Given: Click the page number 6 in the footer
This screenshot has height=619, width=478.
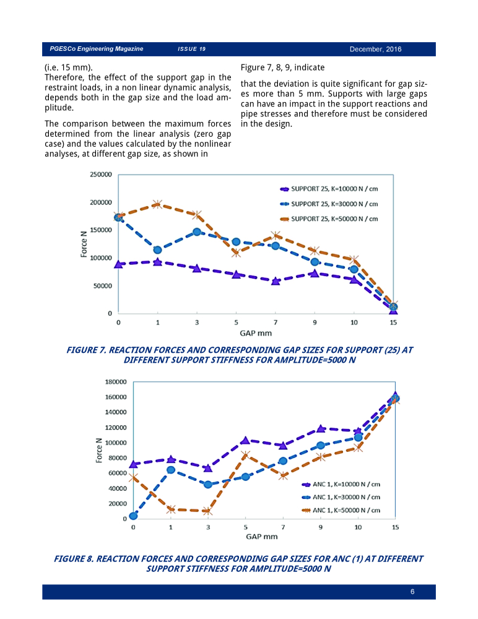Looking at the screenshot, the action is click(x=412, y=591).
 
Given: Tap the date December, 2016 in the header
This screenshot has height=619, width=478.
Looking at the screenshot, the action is click(x=375, y=50).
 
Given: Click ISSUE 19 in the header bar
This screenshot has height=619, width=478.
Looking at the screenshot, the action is click(x=191, y=49).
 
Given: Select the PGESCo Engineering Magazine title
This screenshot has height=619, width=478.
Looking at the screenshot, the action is click(x=97, y=48).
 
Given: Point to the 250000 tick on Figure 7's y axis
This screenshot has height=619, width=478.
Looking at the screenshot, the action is click(x=101, y=175).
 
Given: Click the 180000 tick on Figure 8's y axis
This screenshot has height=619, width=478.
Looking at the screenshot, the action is click(x=116, y=382).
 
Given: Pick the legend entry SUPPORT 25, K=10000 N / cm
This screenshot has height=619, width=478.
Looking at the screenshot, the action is click(x=329, y=189).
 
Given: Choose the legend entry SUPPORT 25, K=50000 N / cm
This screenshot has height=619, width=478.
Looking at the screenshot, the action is click(x=329, y=219).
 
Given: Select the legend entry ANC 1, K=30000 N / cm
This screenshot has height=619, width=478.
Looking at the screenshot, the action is click(x=341, y=498).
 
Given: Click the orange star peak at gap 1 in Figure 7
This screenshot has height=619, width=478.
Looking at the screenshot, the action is click(x=157, y=204).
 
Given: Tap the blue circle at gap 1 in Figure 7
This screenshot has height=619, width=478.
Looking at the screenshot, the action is click(x=157, y=250).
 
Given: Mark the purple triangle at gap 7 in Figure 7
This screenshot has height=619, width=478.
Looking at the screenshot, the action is click(x=276, y=281).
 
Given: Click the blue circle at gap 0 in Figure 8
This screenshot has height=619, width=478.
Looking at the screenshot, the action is click(x=133, y=516).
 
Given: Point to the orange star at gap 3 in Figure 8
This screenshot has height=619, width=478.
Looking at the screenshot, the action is click(x=208, y=511).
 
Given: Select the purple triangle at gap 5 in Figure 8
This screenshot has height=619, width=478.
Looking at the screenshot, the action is click(x=245, y=440).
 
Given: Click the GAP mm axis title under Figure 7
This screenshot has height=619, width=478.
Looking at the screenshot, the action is click(x=256, y=333).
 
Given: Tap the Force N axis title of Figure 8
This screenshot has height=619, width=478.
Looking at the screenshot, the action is click(x=99, y=451).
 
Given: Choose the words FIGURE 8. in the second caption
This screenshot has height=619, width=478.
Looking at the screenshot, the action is click(x=74, y=559).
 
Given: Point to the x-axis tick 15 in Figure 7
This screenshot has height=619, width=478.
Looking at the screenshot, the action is click(x=393, y=322).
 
